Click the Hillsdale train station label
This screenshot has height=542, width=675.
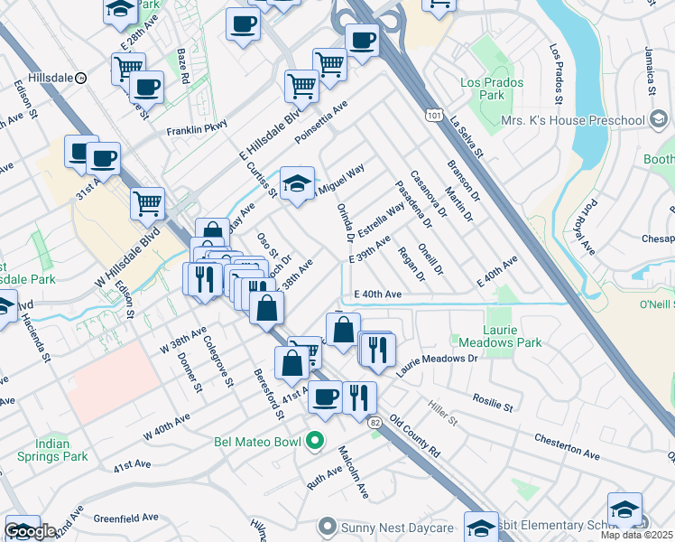click(37, 79)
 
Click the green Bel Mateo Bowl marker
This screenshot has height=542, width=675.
click(314, 442)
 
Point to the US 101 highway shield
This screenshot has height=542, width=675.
click(435, 115)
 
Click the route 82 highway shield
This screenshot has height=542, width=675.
click(374, 422)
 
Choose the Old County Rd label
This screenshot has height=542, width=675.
click(421, 438)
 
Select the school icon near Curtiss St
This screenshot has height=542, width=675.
click(297, 184)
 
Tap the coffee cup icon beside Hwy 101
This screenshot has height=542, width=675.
click(362, 41)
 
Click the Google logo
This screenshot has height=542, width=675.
click(30, 532)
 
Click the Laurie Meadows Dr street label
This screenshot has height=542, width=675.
click(434, 359)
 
